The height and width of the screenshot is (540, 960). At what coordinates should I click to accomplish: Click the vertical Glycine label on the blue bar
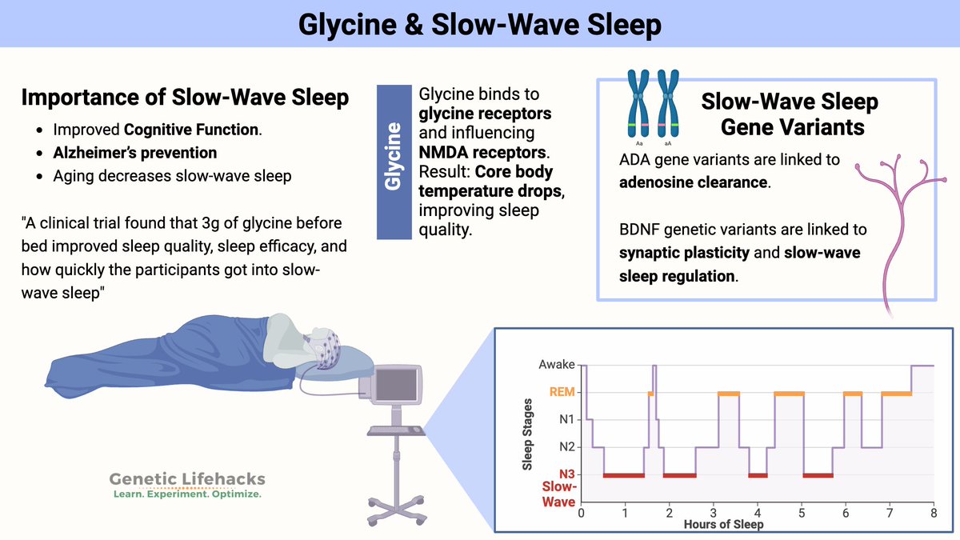[393, 157]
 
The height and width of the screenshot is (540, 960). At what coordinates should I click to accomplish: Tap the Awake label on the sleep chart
[557, 364]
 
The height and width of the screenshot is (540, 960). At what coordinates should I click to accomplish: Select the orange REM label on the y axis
[562, 392]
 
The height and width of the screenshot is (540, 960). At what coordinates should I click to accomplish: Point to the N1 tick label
[567, 419]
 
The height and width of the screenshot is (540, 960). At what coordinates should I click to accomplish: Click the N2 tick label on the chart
[567, 447]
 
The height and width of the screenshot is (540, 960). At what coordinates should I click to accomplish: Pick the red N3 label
[566, 474]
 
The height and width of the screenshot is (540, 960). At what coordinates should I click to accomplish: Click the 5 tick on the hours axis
[802, 513]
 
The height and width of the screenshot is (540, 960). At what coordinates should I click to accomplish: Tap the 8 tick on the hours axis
[934, 513]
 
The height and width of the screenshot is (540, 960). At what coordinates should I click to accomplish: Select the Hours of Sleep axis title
[723, 524]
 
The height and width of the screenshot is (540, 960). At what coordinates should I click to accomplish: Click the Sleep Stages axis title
[527, 434]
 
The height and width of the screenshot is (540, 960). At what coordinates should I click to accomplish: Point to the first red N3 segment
[623, 475]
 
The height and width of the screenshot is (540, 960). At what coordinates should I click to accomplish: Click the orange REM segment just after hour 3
[729, 394]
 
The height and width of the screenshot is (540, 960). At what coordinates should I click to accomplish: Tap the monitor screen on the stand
[396, 384]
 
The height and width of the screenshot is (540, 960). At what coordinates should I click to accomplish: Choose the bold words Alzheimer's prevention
[135, 153]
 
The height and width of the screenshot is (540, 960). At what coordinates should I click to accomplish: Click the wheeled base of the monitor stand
[398, 510]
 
